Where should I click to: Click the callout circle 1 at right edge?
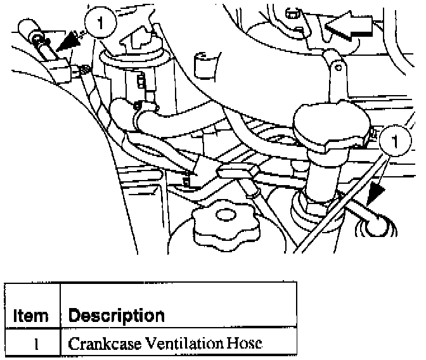click(x=396, y=141)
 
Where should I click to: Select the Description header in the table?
click(x=116, y=315)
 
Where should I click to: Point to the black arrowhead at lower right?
click(x=373, y=193)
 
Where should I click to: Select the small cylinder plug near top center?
click(x=203, y=64)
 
